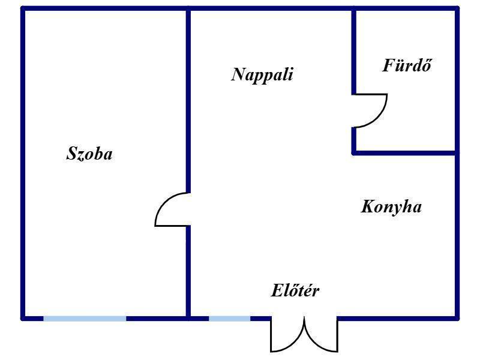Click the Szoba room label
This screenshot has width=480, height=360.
(89, 154)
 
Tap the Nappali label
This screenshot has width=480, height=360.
(262, 74)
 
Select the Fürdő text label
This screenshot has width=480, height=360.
(407, 65)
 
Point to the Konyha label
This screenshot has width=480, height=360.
(391, 207)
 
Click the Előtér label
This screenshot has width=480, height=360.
(295, 290)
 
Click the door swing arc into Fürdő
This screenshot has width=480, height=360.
(380, 117)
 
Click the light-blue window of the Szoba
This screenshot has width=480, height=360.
(85, 319)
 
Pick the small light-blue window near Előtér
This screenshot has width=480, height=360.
(230, 319)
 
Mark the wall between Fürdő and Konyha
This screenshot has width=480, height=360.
(404, 153)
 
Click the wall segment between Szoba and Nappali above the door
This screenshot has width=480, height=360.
(188, 101)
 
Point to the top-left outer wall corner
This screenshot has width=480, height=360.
(23, 8)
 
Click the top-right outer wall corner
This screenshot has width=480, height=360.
(457, 8)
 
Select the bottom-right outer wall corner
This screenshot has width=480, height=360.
(457, 319)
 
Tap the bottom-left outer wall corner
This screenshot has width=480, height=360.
(23, 319)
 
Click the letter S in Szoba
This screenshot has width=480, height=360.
(71, 153)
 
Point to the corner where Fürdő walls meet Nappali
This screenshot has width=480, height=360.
(354, 153)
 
